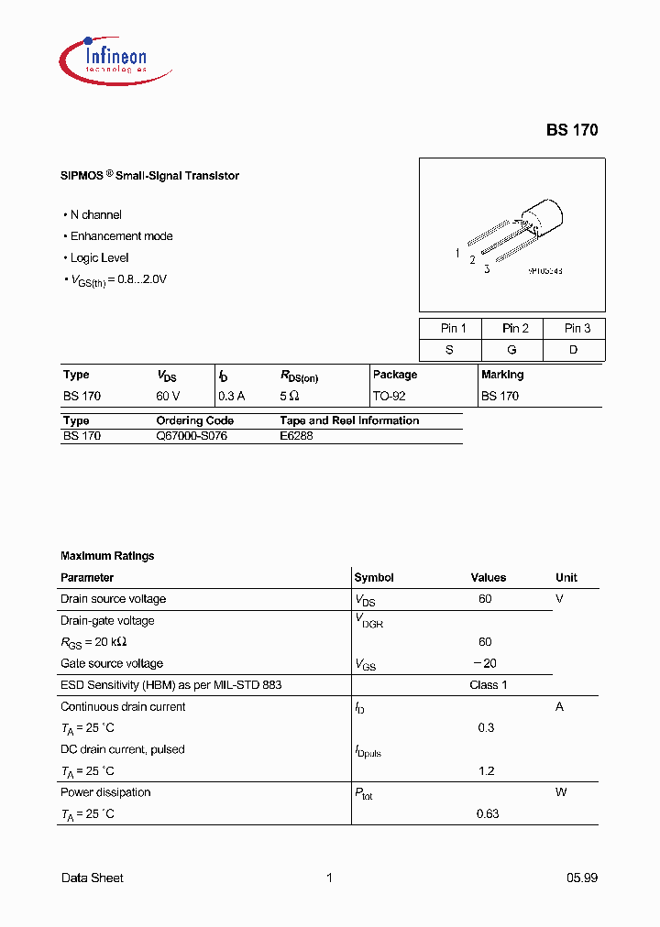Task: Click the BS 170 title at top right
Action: [x=572, y=130]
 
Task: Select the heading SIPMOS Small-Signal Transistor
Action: [x=149, y=176]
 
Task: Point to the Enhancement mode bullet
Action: [x=121, y=236]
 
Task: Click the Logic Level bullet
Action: [x=99, y=258]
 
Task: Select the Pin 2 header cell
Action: [x=515, y=329]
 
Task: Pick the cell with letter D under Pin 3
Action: [x=574, y=350]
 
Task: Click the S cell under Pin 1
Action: [x=450, y=350]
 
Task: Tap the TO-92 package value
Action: [x=389, y=397]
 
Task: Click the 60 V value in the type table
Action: [x=168, y=397]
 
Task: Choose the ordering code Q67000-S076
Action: [x=192, y=436]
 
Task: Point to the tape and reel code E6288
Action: [x=296, y=436]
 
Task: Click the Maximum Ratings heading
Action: [x=107, y=556]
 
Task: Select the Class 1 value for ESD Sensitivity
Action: [x=488, y=685]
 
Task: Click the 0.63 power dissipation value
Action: [x=488, y=813]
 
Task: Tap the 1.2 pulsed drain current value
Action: [x=487, y=771]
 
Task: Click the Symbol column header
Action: [x=374, y=578]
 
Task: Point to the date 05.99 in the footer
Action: [x=581, y=878]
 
